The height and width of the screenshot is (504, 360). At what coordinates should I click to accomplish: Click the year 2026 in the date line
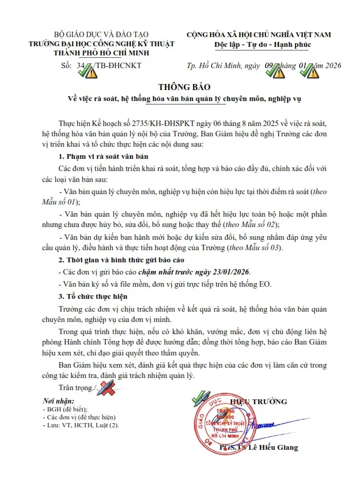point(332,66)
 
